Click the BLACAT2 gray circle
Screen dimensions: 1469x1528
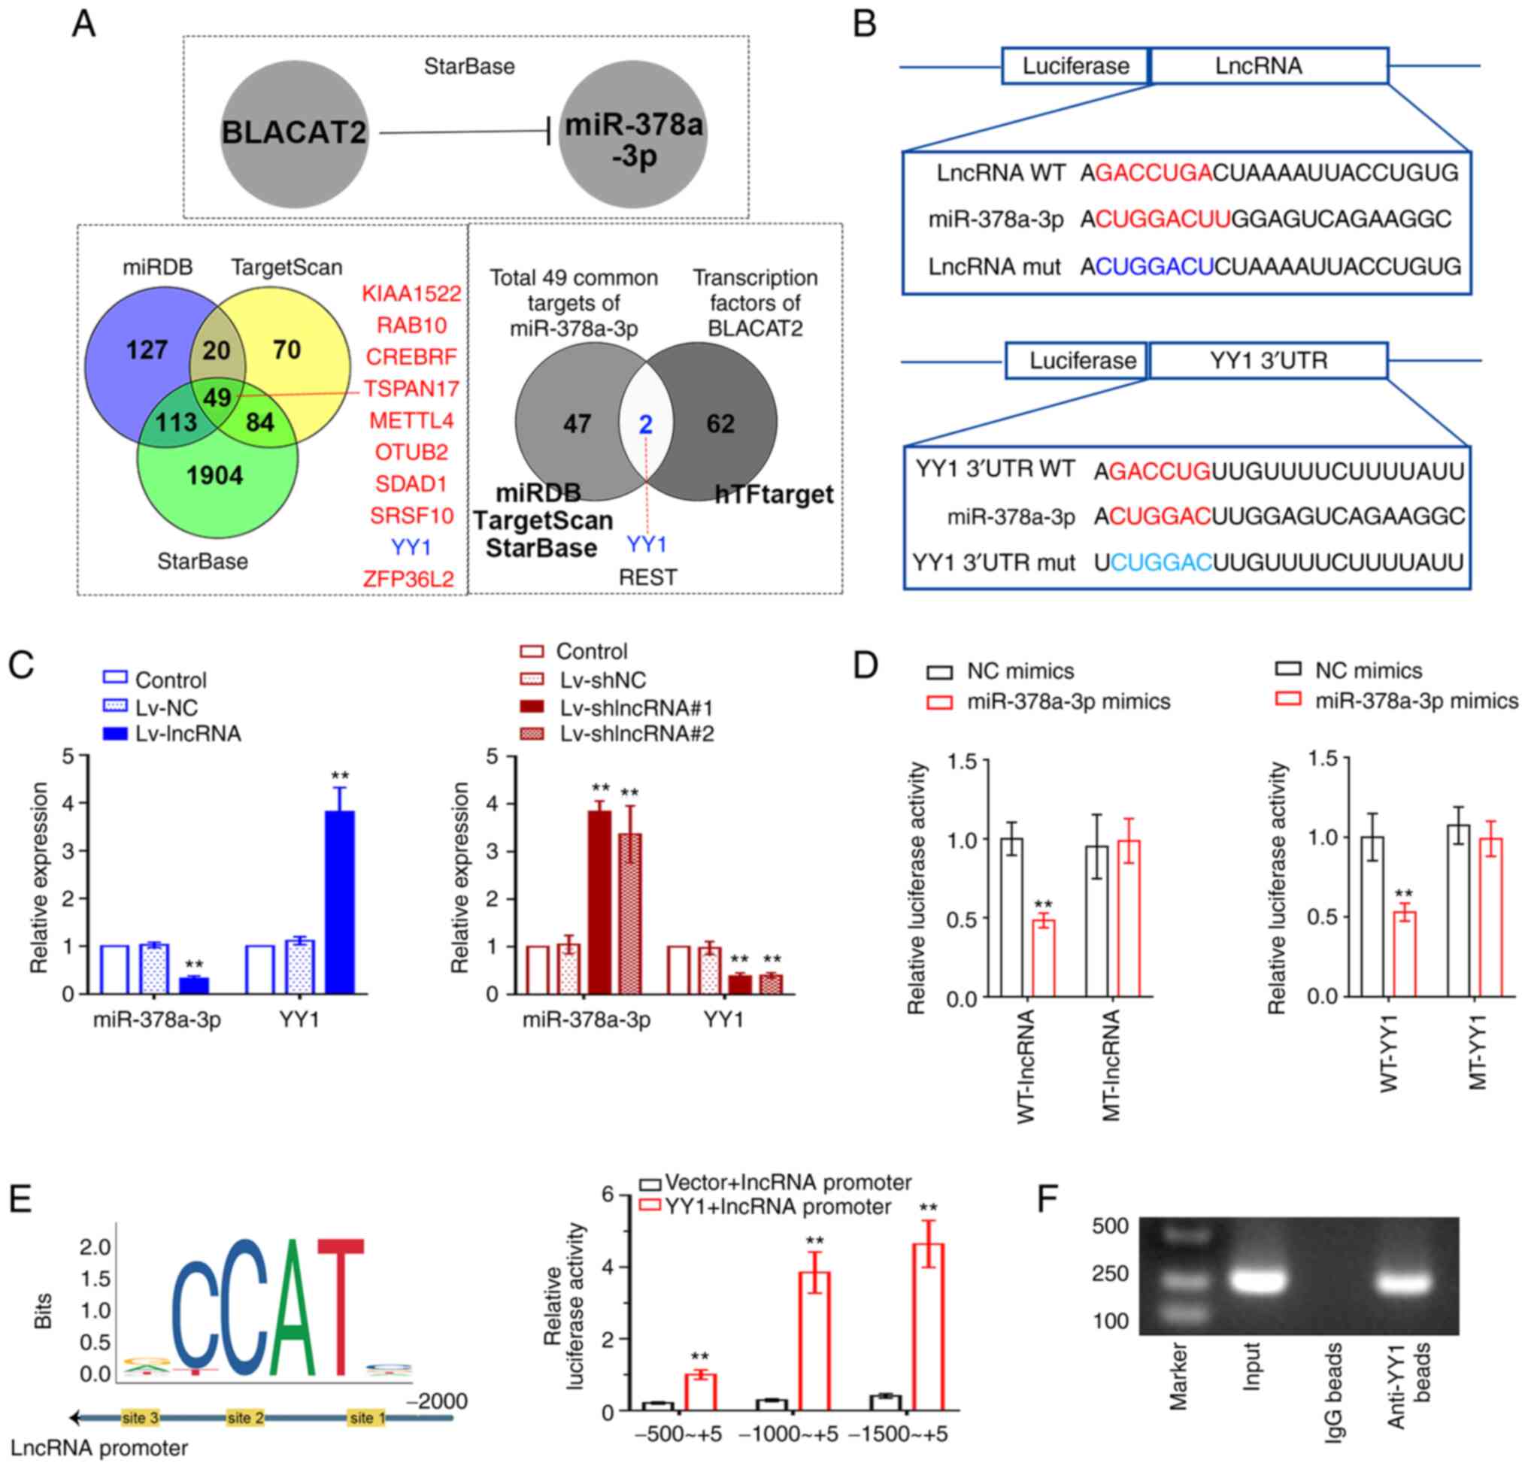(293, 132)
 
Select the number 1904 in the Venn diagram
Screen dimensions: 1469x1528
(215, 474)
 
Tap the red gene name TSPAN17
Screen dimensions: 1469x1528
(411, 388)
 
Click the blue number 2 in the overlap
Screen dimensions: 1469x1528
(645, 424)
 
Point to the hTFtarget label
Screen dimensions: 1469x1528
(774, 494)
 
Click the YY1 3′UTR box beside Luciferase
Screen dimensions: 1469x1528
(1268, 361)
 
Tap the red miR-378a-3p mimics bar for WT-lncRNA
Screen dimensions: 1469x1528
(1043, 958)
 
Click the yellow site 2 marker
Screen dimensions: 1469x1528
(240, 1418)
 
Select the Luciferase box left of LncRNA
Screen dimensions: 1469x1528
(1075, 66)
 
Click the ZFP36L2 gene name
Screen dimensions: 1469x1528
(408, 579)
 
